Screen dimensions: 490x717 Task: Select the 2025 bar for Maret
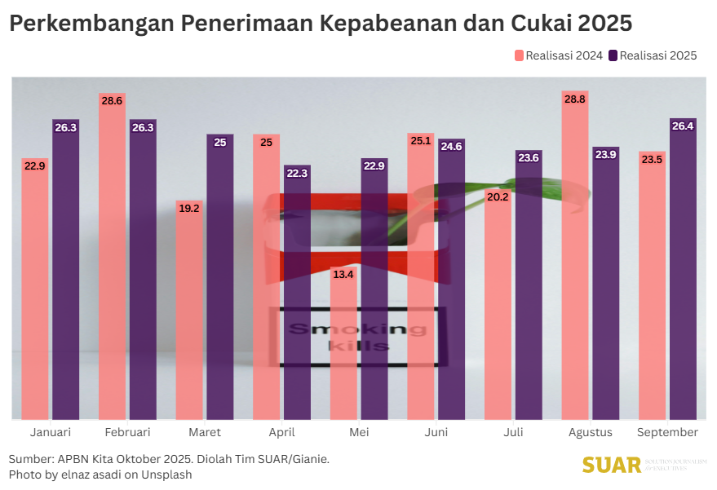(x=220, y=277)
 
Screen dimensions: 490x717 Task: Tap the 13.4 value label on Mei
(x=343, y=274)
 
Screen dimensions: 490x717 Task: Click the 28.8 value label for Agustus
(x=575, y=99)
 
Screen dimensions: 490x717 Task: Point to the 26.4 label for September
(x=683, y=126)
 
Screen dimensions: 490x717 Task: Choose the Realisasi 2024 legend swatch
(x=519, y=55)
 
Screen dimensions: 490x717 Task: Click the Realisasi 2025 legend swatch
(x=613, y=55)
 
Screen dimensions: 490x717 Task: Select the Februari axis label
(x=127, y=432)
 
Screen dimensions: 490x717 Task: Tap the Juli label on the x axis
(x=513, y=432)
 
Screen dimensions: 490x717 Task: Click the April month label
(x=281, y=432)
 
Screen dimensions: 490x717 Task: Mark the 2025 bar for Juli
(x=529, y=285)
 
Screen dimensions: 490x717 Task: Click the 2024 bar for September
(x=652, y=285)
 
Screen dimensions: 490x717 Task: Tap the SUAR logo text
(x=612, y=466)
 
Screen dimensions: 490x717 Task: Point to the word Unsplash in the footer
(x=167, y=475)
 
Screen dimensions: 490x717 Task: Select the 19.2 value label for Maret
(x=189, y=208)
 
